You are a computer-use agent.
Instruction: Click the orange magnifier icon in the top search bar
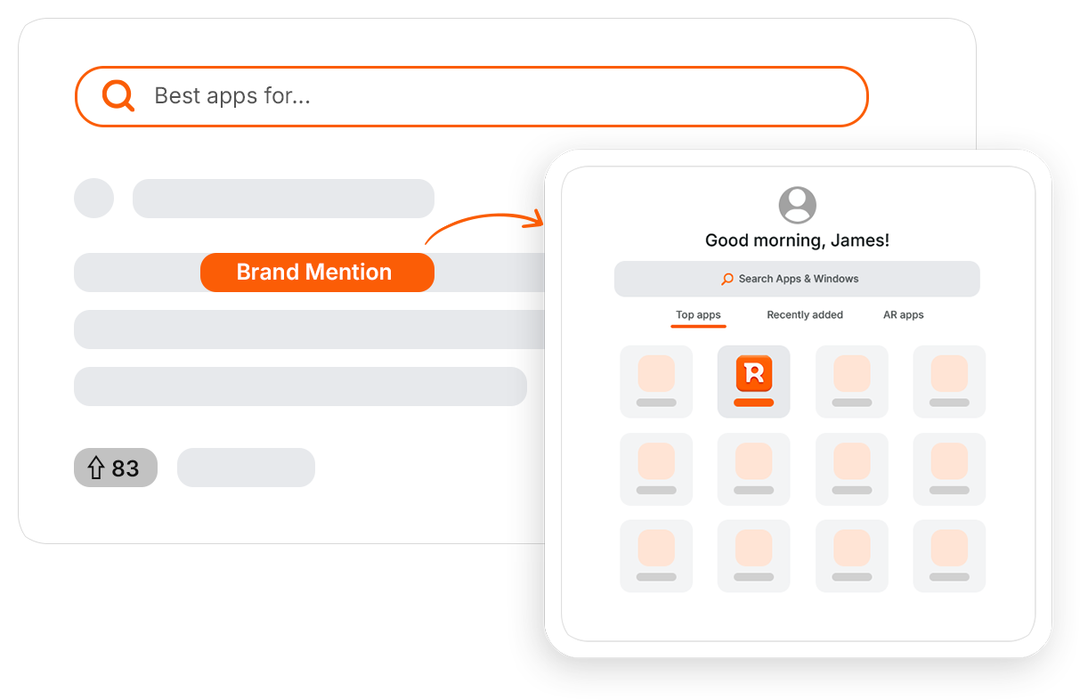pos(118,95)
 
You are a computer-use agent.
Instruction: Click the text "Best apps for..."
pos(231,95)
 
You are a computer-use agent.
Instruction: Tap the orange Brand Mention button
pos(317,273)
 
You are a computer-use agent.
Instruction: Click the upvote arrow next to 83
pos(96,468)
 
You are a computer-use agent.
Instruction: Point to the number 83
pos(126,468)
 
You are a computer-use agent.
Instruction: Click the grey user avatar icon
pos(798,205)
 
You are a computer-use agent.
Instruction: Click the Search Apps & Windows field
pos(797,279)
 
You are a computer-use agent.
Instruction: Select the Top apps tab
pos(698,314)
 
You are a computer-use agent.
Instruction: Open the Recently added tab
pos(805,314)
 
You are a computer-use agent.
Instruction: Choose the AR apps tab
pos(903,314)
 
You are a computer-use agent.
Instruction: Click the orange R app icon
pos(754,373)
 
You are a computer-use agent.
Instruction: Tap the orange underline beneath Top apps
pos(698,327)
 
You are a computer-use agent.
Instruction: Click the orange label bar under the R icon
pos(753,403)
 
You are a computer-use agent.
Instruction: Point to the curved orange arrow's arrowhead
pos(536,219)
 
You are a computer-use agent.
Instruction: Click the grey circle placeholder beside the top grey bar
pos(94,199)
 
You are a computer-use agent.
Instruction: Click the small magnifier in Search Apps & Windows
pos(727,279)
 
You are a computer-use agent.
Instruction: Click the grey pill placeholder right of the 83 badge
pos(246,468)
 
